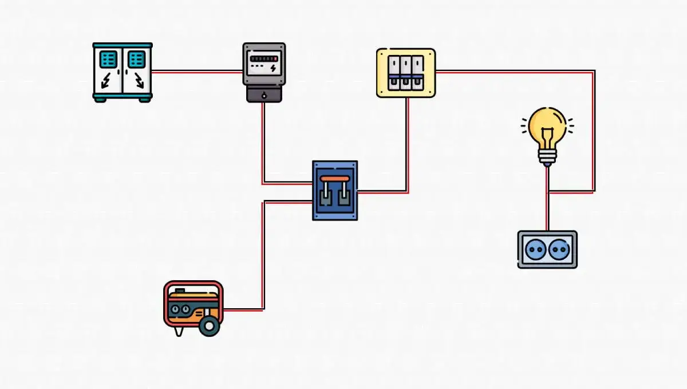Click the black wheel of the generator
point(209,326)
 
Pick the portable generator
point(193,307)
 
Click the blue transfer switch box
point(335,190)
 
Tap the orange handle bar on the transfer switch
point(335,179)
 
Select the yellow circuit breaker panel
point(406,73)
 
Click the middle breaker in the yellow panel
point(406,73)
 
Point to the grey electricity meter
point(263,72)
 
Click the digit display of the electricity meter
point(263,58)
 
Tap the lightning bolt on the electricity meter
point(273,68)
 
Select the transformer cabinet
point(123,72)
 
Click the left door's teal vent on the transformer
point(109,58)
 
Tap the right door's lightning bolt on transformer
point(138,81)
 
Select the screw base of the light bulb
point(547,156)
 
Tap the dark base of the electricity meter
point(263,94)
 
